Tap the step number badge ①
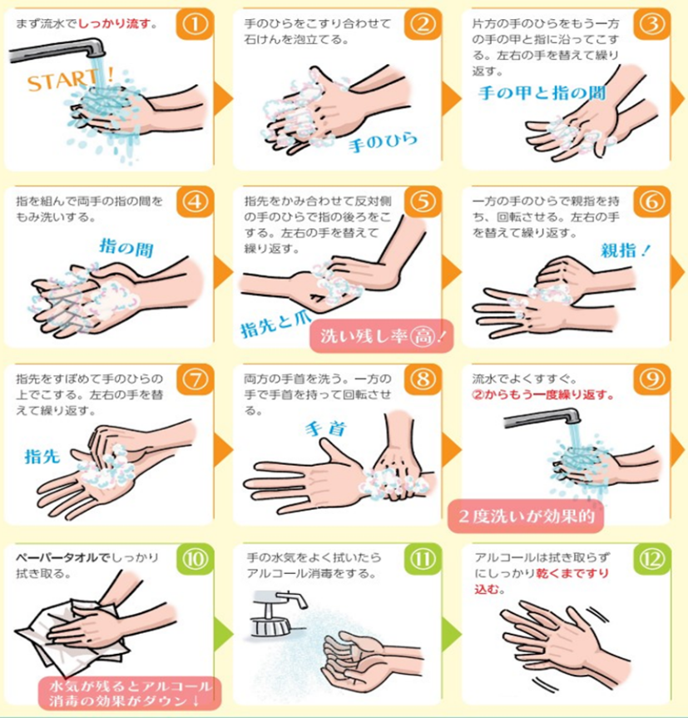pyautogui.click(x=196, y=24)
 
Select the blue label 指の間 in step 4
pyautogui.click(x=126, y=247)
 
